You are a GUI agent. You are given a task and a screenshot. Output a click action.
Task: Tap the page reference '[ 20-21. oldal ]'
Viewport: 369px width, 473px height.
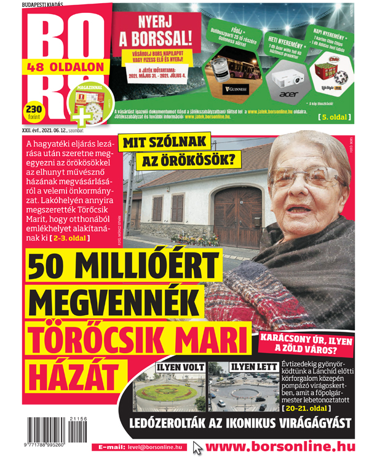[308, 408]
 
